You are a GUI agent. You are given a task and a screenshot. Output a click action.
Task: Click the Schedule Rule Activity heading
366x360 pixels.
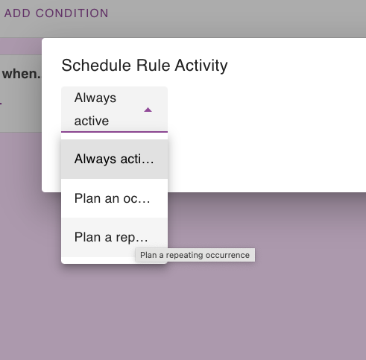point(144,65)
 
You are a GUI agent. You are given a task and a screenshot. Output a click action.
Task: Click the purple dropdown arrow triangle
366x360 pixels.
point(148,110)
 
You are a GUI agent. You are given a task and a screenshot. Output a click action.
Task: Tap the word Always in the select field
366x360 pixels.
point(95,98)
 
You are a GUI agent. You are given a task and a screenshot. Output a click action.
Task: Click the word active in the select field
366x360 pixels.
point(92,121)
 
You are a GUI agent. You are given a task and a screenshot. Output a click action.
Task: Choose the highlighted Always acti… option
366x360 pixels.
point(114,159)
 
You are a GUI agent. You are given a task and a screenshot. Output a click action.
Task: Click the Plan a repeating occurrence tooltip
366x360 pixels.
point(195,255)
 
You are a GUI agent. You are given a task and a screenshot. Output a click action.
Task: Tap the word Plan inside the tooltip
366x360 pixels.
point(148,255)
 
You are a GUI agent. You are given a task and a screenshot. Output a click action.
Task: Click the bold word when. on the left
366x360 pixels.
point(21,74)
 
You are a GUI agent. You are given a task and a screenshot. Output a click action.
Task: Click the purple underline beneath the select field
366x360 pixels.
point(114,132)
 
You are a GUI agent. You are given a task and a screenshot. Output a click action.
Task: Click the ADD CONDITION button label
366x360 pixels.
point(56,13)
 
